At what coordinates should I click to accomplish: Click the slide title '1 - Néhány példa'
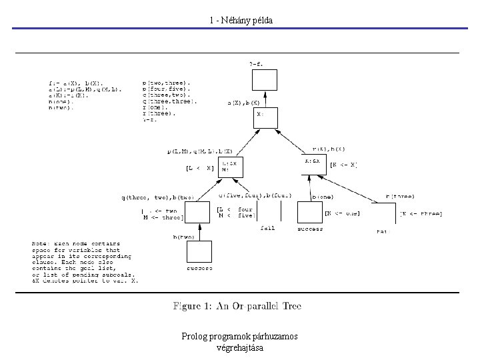pyautogui.click(x=240, y=21)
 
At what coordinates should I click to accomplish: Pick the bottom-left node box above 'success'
pyautogui.click(x=199, y=252)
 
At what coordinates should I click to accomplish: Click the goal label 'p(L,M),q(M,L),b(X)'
pyautogui.click(x=199, y=152)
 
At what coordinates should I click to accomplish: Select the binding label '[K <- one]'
pyautogui.click(x=342, y=213)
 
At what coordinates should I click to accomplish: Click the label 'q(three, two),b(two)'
pyautogui.click(x=157, y=197)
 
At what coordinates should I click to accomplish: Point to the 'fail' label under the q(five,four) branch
pyautogui.click(x=267, y=228)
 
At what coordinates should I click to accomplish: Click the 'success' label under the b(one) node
pyautogui.click(x=309, y=228)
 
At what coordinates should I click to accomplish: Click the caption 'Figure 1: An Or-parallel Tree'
pyautogui.click(x=237, y=307)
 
